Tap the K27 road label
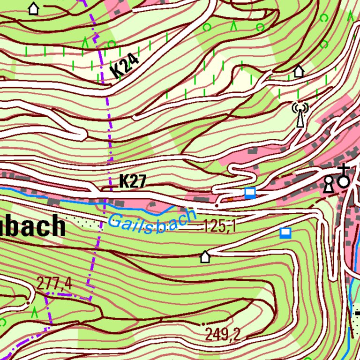pyautogui.click(x=133, y=181)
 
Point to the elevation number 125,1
pyautogui.click(x=219, y=227)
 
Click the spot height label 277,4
pyautogui.click(x=54, y=283)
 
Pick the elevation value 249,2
pyautogui.click(x=223, y=334)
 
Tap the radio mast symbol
pyautogui.click(x=300, y=115)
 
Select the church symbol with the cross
pyautogui.click(x=344, y=176)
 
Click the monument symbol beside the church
pyautogui.click(x=329, y=185)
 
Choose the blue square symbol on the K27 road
pyautogui.click(x=250, y=193)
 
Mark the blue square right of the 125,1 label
pyautogui.click(x=285, y=233)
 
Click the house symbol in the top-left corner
pyautogui.click(x=33, y=8)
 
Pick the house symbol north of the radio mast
pyautogui.click(x=299, y=71)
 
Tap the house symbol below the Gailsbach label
pyautogui.click(x=205, y=256)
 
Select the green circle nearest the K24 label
pyautogui.click(x=112, y=44)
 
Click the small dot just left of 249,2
pyautogui.click(x=203, y=324)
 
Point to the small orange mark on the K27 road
pyautogui.click(x=230, y=199)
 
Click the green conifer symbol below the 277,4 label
pyautogui.click(x=34, y=313)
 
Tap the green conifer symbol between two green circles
pyautogui.click(x=233, y=26)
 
